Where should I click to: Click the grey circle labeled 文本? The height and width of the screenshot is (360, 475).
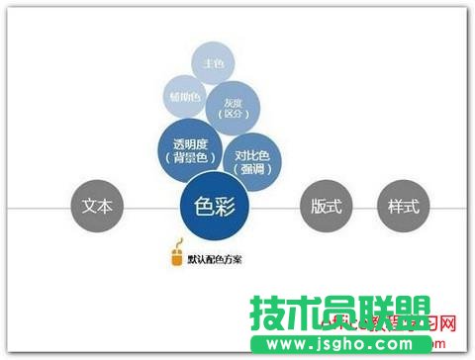[96, 208]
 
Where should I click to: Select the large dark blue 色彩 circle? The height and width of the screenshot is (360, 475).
[215, 210]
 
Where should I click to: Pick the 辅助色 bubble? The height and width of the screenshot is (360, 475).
[184, 97]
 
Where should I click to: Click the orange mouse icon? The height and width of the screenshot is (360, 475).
[178, 255]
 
